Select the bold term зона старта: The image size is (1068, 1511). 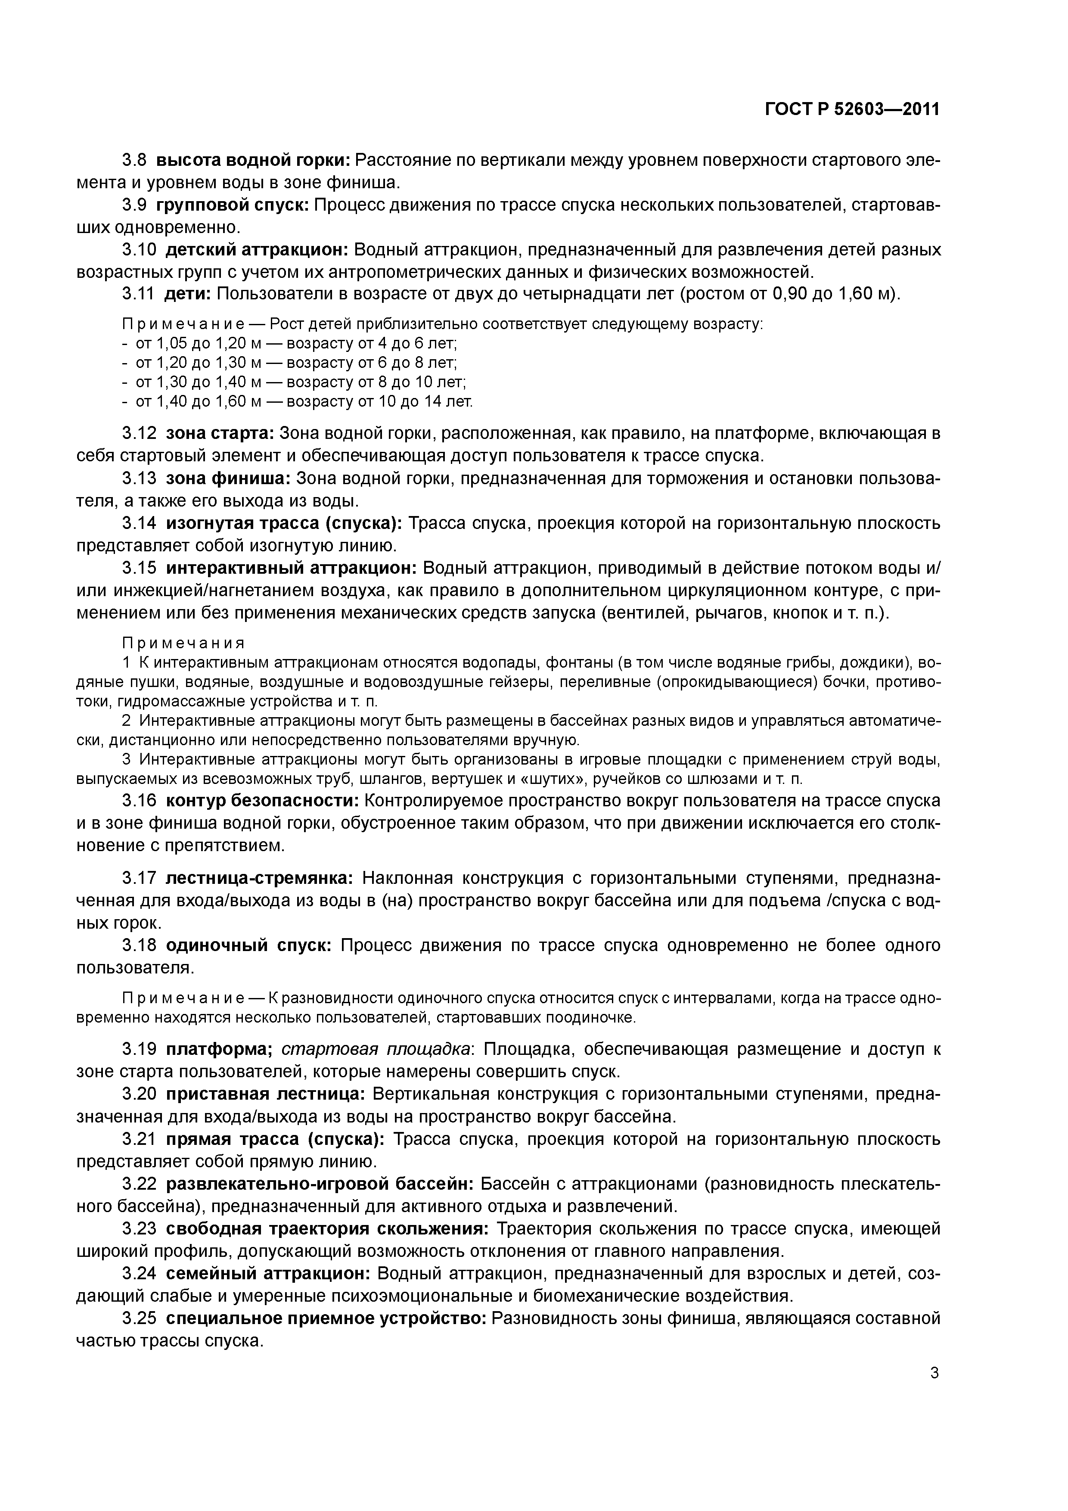[219, 434]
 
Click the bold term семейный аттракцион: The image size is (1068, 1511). [268, 1273]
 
